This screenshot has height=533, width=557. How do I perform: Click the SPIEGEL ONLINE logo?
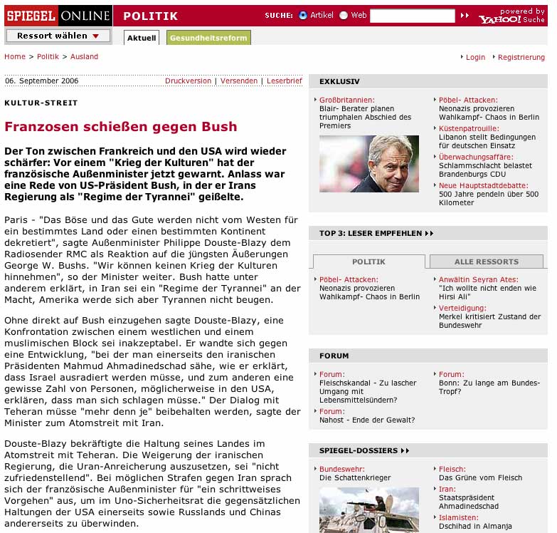pos(58,16)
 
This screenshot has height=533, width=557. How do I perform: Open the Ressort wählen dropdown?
pos(58,36)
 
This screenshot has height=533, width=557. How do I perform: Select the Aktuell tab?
pos(142,38)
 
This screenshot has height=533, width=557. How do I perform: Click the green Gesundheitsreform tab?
pos(208,38)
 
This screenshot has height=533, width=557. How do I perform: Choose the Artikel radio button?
pos(303,16)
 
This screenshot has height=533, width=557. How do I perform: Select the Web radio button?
pos(344,16)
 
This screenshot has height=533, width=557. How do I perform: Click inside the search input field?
pos(412,16)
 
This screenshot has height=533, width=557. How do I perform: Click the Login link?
pos(475,57)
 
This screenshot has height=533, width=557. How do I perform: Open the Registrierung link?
pos(521,57)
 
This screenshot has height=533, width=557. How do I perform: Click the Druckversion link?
pos(188,81)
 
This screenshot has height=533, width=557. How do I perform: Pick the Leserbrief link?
pos(285,81)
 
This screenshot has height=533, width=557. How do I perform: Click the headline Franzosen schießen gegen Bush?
pos(121,127)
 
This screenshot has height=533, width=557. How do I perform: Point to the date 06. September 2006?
pos(41,81)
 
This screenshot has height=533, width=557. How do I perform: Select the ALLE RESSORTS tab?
pos(486,262)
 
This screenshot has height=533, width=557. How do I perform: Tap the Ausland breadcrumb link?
pos(84,56)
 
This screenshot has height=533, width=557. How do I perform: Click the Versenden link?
pos(239,81)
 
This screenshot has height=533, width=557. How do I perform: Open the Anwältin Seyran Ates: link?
pos(477,279)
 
